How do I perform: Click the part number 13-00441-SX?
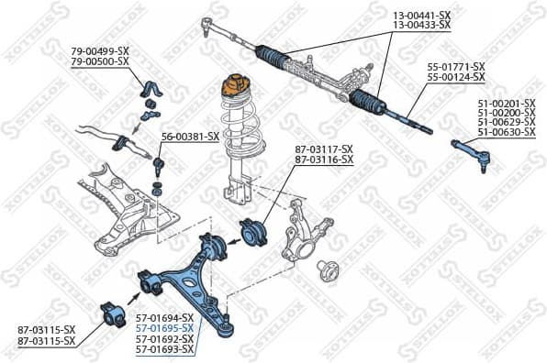(x=422, y=16)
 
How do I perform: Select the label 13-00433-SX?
(x=422, y=26)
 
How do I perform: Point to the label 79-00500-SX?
(x=101, y=60)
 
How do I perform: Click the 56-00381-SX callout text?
(x=190, y=137)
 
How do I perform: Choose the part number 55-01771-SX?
(x=457, y=68)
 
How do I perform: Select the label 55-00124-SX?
(x=457, y=79)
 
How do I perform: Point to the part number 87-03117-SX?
(x=323, y=149)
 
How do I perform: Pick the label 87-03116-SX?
(x=323, y=160)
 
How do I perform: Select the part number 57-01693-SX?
(x=164, y=349)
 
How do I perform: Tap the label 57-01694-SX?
(x=164, y=317)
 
